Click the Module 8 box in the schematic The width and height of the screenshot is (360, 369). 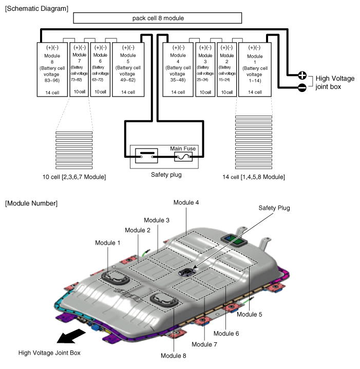coord(52,70)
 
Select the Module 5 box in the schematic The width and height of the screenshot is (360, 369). coord(128,70)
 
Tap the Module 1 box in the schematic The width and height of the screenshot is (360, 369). coord(255,70)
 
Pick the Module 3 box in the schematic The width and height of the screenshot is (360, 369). coord(205,70)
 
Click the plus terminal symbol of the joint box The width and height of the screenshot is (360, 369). coord(302,76)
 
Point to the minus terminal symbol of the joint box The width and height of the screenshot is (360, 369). coord(302,87)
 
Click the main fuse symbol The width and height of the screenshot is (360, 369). coord(183,157)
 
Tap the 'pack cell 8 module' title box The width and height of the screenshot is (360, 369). coord(158,18)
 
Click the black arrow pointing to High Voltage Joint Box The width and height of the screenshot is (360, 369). coord(71,336)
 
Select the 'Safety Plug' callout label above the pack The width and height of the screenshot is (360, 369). coord(274,208)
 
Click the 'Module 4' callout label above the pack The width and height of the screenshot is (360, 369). coord(186,202)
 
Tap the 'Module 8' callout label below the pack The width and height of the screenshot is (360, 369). coord(173,356)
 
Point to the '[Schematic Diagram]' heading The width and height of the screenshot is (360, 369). coord(36,9)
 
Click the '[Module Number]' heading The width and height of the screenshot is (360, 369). coord(31,204)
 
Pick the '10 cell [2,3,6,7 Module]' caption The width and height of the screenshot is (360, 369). coord(74,177)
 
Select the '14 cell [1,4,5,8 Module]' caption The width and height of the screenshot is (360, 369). coord(254,177)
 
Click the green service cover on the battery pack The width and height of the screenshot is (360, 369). coord(234,240)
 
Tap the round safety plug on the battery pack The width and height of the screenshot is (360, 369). coord(187,272)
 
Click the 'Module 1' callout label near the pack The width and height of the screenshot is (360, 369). coord(108,243)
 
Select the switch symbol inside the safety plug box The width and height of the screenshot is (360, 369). coord(146,156)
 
